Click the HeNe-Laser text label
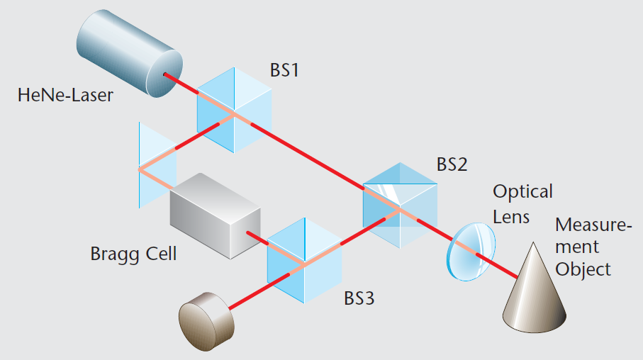[x=65, y=95]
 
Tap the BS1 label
[x=284, y=70]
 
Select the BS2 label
[x=452, y=164]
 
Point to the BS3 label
[x=359, y=298]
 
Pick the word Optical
[x=522, y=192]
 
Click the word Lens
[x=511, y=217]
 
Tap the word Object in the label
[x=583, y=270]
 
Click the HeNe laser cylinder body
[x=130, y=54]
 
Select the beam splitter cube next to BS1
[x=234, y=111]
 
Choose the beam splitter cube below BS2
[x=400, y=206]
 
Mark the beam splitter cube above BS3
[x=304, y=260]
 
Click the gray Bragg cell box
[x=216, y=215]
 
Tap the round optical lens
[x=471, y=252]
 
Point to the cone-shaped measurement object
[x=535, y=292]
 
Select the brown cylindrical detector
[x=206, y=322]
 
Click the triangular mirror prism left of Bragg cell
[x=157, y=165]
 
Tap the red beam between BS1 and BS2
[x=307, y=156]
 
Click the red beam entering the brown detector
[x=259, y=291]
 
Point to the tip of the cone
[x=533, y=242]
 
